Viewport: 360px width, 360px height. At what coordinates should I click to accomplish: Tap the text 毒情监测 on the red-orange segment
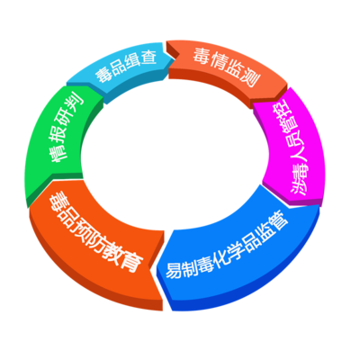pos(226,67)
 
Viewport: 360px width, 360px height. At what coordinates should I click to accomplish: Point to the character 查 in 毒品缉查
pos(148,58)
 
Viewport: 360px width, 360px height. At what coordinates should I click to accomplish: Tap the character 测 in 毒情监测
pos(250,78)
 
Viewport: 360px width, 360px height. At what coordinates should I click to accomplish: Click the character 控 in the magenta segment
pos(284,112)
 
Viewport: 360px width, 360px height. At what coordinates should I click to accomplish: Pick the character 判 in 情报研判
pos(74,102)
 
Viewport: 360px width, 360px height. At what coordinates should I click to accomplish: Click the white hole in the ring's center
pos(175,151)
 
